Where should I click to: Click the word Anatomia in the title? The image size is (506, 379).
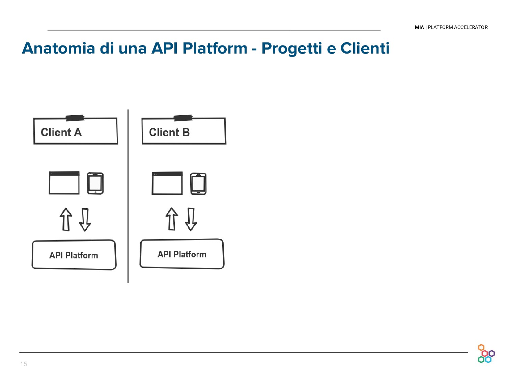(x=58, y=48)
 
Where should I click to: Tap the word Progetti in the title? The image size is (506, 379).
(x=291, y=48)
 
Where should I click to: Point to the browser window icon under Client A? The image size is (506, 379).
(x=64, y=183)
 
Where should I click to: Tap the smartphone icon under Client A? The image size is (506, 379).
(x=95, y=183)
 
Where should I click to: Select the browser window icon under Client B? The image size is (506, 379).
(x=167, y=183)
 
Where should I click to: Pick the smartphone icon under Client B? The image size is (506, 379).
(x=198, y=184)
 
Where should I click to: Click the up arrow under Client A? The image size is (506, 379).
(x=66, y=219)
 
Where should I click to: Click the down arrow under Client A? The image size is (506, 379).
(x=85, y=220)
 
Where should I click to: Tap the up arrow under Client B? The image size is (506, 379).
(x=172, y=219)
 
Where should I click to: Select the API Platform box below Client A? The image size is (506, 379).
(x=74, y=255)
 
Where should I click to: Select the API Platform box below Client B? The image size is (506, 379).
(x=182, y=254)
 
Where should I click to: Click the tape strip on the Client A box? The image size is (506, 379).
(x=75, y=118)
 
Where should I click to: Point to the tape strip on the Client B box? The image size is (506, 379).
(x=183, y=118)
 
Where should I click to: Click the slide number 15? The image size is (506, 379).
(x=24, y=364)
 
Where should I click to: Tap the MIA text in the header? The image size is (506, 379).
(x=419, y=27)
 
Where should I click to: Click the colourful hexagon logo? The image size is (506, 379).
(x=486, y=354)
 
